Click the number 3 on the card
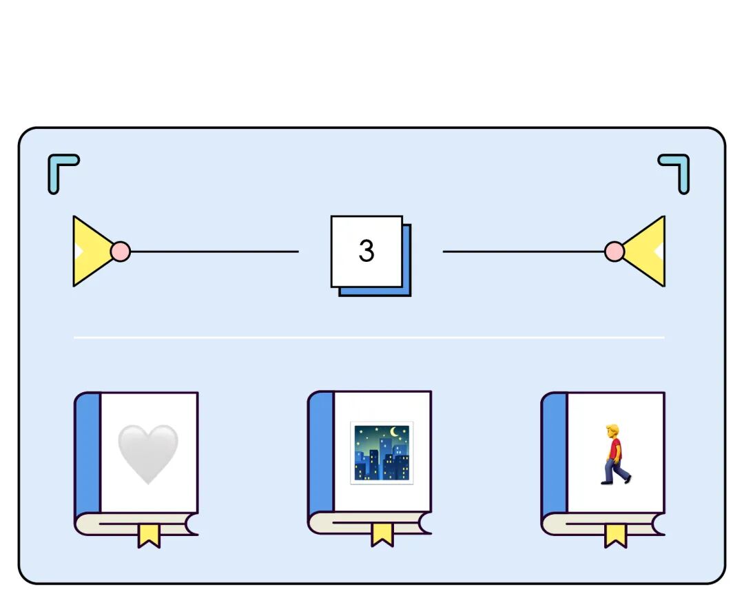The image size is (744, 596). [x=366, y=251]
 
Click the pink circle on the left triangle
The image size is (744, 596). [x=120, y=251]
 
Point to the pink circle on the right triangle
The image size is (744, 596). [x=614, y=251]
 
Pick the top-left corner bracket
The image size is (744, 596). [x=61, y=169]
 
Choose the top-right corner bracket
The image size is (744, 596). [x=676, y=169]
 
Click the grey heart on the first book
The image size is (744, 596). [x=147, y=453]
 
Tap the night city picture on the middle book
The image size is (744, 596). [x=382, y=453]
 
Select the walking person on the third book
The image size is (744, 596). [x=614, y=454]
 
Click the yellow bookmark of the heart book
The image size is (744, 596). [x=148, y=535]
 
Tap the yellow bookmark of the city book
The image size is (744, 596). [x=382, y=534]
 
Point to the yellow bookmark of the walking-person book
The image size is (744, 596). [x=616, y=535]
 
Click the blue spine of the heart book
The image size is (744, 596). [x=87, y=455]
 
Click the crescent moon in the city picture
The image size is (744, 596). [x=397, y=433]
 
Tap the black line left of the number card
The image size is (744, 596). [x=214, y=251]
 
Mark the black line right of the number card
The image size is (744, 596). [x=524, y=251]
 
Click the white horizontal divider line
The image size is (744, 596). [x=369, y=338]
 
